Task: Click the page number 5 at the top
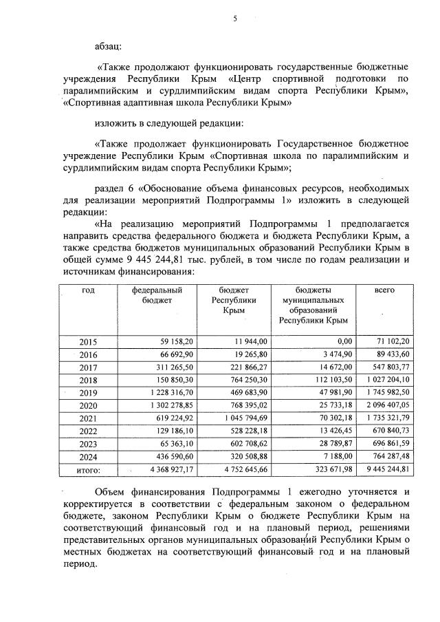click(x=234, y=19)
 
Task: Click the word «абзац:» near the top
click(x=109, y=46)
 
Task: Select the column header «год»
click(x=89, y=290)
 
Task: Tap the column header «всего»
click(x=384, y=290)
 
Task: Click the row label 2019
click(x=89, y=392)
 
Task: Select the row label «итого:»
click(x=89, y=471)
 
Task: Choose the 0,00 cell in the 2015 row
click(x=340, y=341)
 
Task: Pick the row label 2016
click(x=89, y=354)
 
